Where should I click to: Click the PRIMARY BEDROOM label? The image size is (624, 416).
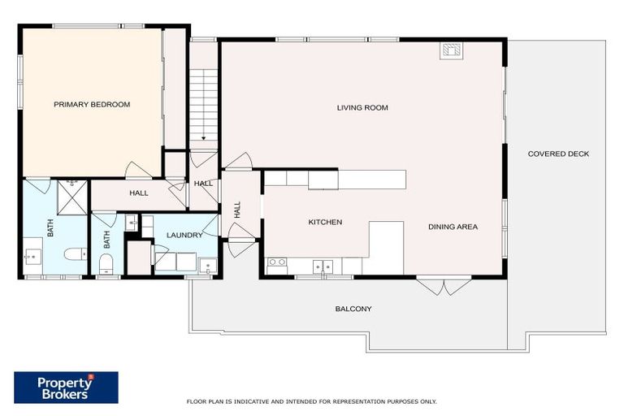click(92, 105)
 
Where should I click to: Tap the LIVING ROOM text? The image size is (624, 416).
click(362, 107)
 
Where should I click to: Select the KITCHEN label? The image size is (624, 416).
click(324, 222)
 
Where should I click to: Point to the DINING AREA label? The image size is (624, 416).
click(453, 227)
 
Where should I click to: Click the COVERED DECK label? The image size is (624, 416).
click(558, 154)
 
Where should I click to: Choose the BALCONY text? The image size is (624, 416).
click(353, 309)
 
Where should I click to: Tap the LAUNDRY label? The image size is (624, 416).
click(184, 236)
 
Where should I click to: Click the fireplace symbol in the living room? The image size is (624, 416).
click(451, 50)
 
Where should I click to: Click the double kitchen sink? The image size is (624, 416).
click(323, 265)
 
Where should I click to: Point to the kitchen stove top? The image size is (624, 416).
click(277, 262)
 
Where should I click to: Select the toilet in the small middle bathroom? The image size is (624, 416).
click(105, 262)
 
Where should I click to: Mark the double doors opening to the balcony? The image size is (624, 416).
click(443, 286)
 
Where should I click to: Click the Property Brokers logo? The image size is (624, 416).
click(66, 388)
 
